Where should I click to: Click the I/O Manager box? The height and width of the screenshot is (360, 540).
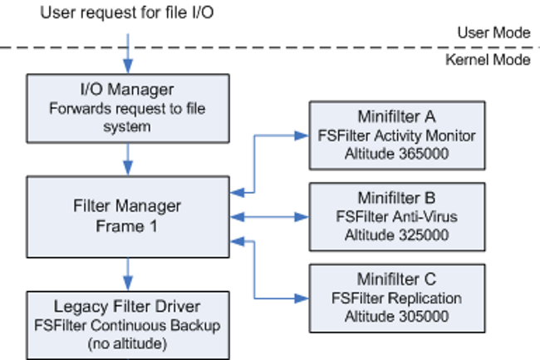pyautogui.click(x=127, y=106)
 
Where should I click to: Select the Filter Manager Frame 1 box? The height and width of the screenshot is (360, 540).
pyautogui.click(x=127, y=213)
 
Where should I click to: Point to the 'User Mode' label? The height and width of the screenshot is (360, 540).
pyautogui.click(x=493, y=33)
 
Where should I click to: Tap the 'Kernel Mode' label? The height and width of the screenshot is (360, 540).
pyautogui.click(x=488, y=60)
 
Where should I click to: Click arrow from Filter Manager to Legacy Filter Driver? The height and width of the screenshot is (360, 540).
pyautogui.click(x=128, y=269)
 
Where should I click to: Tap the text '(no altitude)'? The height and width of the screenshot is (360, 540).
pyautogui.click(x=127, y=342)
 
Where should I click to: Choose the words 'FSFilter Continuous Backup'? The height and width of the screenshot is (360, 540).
pyautogui.click(x=127, y=324)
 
